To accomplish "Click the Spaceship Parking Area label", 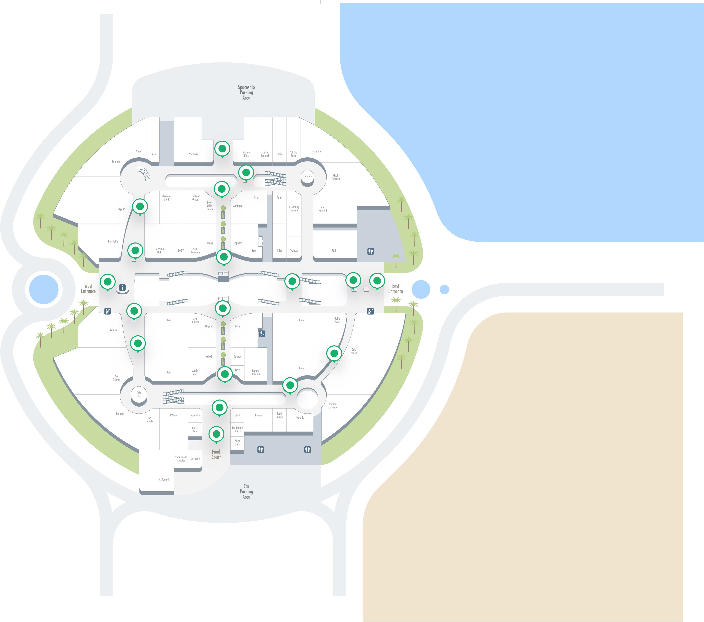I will (246, 92).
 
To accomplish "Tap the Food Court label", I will (216, 454).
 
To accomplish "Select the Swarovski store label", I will (194, 154).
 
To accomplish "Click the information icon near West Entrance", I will (122, 288).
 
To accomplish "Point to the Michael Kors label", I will (246, 154).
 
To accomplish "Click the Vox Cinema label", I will (116, 378).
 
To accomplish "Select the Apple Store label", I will (195, 372).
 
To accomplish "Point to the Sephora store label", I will (238, 243).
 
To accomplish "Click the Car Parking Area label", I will (246, 491).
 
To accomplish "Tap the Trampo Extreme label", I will (332, 406).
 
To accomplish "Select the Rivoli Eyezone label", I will (335, 177).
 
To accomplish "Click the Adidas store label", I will (113, 330).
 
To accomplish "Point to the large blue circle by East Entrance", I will (421, 289).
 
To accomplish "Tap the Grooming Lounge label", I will (294, 209).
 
